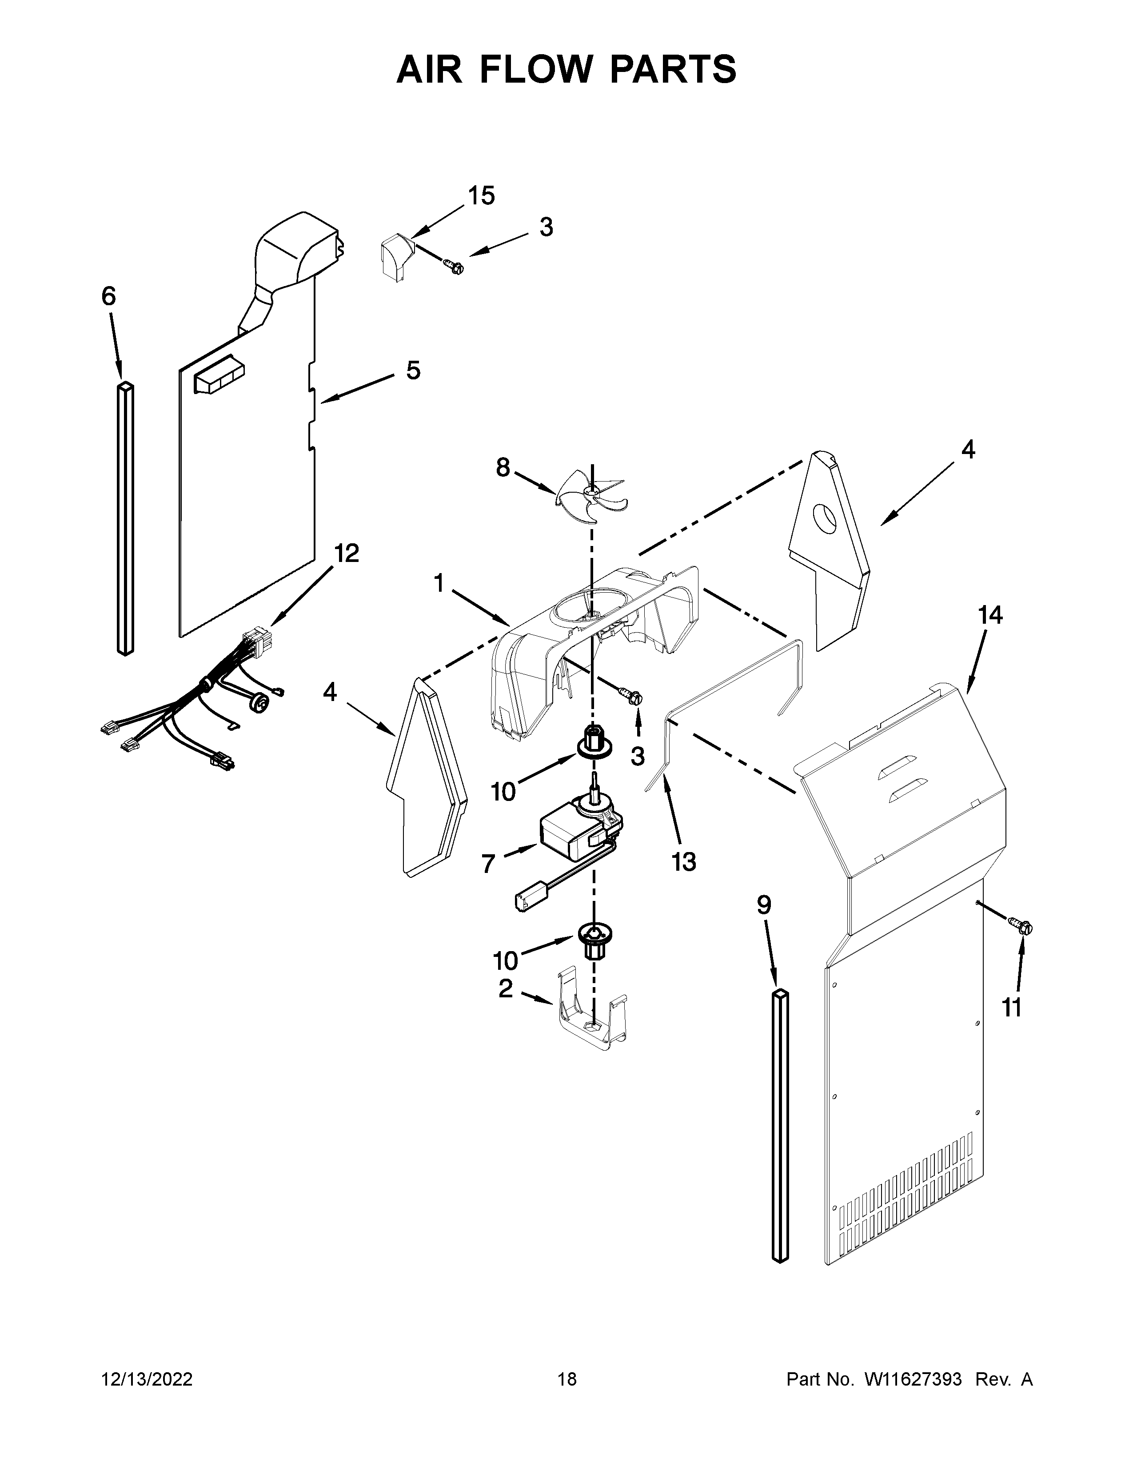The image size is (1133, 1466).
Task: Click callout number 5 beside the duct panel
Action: tap(413, 370)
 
